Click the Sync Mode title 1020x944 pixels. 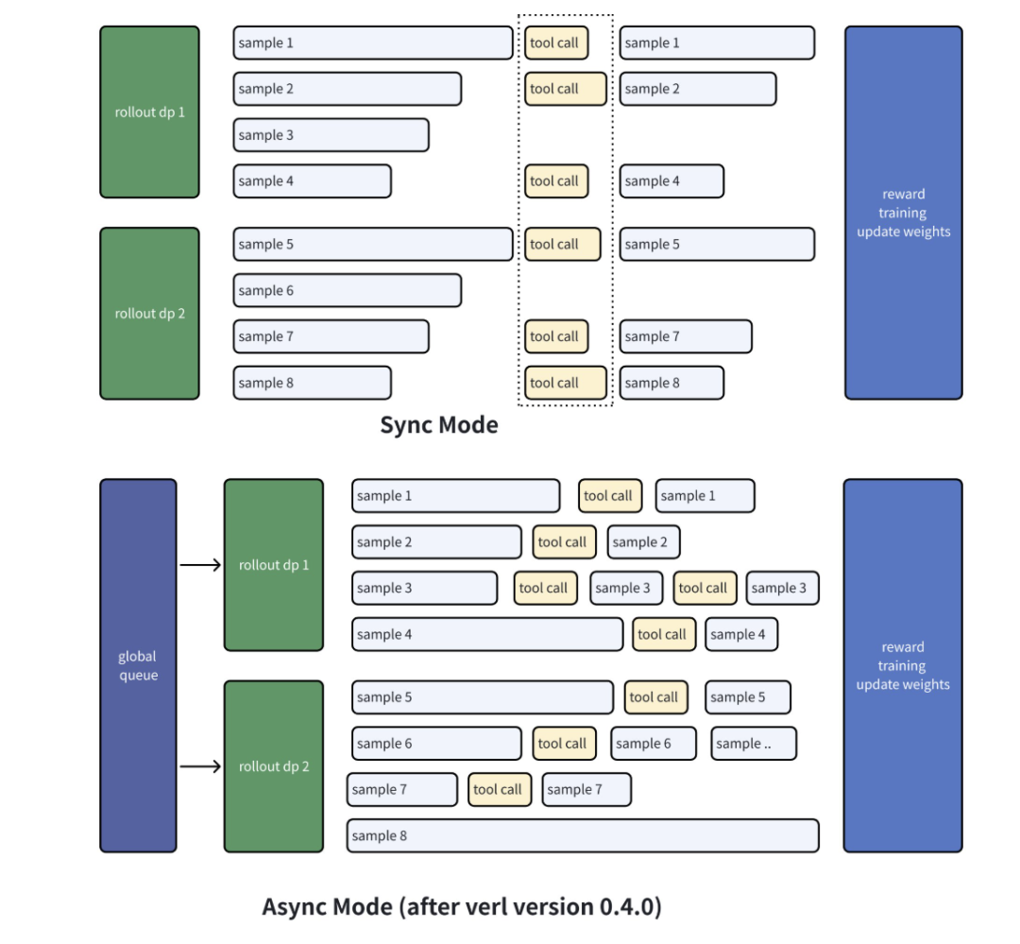pyautogui.click(x=438, y=425)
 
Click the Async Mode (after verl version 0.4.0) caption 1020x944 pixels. pyautogui.click(x=462, y=907)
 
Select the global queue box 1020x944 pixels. pyautogui.click(x=138, y=665)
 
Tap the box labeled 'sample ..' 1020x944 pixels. pyautogui.click(x=754, y=744)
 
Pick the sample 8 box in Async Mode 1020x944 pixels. pyautogui.click(x=582, y=836)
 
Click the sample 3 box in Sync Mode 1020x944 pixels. pyautogui.click(x=331, y=135)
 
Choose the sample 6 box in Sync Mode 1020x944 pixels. pyautogui.click(x=347, y=291)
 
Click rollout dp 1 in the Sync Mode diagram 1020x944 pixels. pyautogui.click(x=149, y=112)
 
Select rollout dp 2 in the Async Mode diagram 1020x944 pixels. pyautogui.click(x=274, y=766)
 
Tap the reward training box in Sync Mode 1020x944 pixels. pyautogui.click(x=903, y=213)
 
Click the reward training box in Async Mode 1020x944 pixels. pyautogui.click(x=902, y=665)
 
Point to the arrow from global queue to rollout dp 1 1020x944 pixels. pyautogui.click(x=200, y=566)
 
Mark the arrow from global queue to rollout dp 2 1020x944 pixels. pyautogui.click(x=200, y=766)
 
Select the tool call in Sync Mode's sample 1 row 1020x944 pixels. pyautogui.click(x=556, y=43)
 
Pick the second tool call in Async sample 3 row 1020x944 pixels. pyautogui.click(x=704, y=588)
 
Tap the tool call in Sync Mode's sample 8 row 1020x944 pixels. pyautogui.click(x=565, y=383)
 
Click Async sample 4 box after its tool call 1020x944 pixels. pyautogui.click(x=741, y=635)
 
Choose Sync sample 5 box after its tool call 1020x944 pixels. pyautogui.click(x=717, y=244)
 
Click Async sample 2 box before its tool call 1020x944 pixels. pyautogui.click(x=436, y=542)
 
